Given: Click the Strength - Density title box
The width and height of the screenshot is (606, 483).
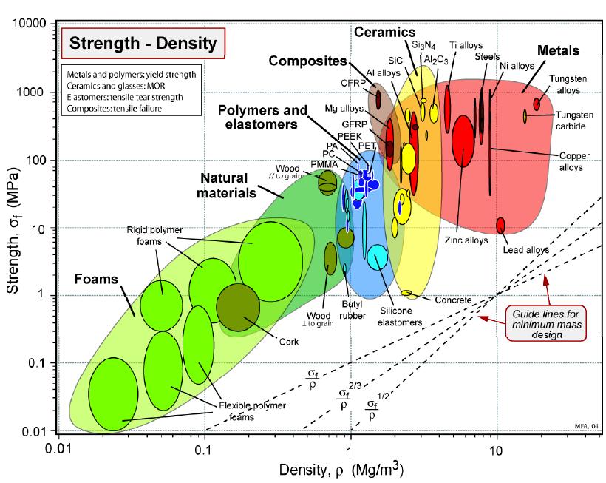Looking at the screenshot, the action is pos(143,44).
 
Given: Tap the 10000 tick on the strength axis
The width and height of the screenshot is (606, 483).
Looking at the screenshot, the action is pos(30,24).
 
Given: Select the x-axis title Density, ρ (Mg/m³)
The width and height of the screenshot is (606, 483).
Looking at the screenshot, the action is pos(341,469).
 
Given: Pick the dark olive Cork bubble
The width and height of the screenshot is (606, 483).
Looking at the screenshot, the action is pos(238,308).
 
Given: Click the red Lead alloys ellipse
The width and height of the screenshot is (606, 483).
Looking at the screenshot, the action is pos(500,225).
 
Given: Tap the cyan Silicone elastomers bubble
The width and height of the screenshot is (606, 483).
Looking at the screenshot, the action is pos(377,257).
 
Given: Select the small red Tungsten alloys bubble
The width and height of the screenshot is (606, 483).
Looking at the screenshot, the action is pos(537,104).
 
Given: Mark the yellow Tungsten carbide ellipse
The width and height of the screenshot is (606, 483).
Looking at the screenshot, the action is pos(525,116).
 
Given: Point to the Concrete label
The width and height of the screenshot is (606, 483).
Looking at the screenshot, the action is pos(453,300).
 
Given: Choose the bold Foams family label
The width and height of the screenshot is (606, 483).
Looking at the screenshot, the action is pos(96,279).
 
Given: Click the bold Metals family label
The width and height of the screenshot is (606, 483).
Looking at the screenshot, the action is pos(558,50).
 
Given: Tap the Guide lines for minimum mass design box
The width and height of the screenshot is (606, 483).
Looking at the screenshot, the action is pos(546,324).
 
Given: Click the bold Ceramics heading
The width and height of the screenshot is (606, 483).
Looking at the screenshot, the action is pos(384,32).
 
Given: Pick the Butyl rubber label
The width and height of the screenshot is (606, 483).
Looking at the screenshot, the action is pos(352,310).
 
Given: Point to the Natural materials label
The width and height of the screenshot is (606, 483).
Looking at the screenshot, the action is pos(226,185).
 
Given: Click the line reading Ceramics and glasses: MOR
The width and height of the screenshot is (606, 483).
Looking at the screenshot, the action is pos(115,86).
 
